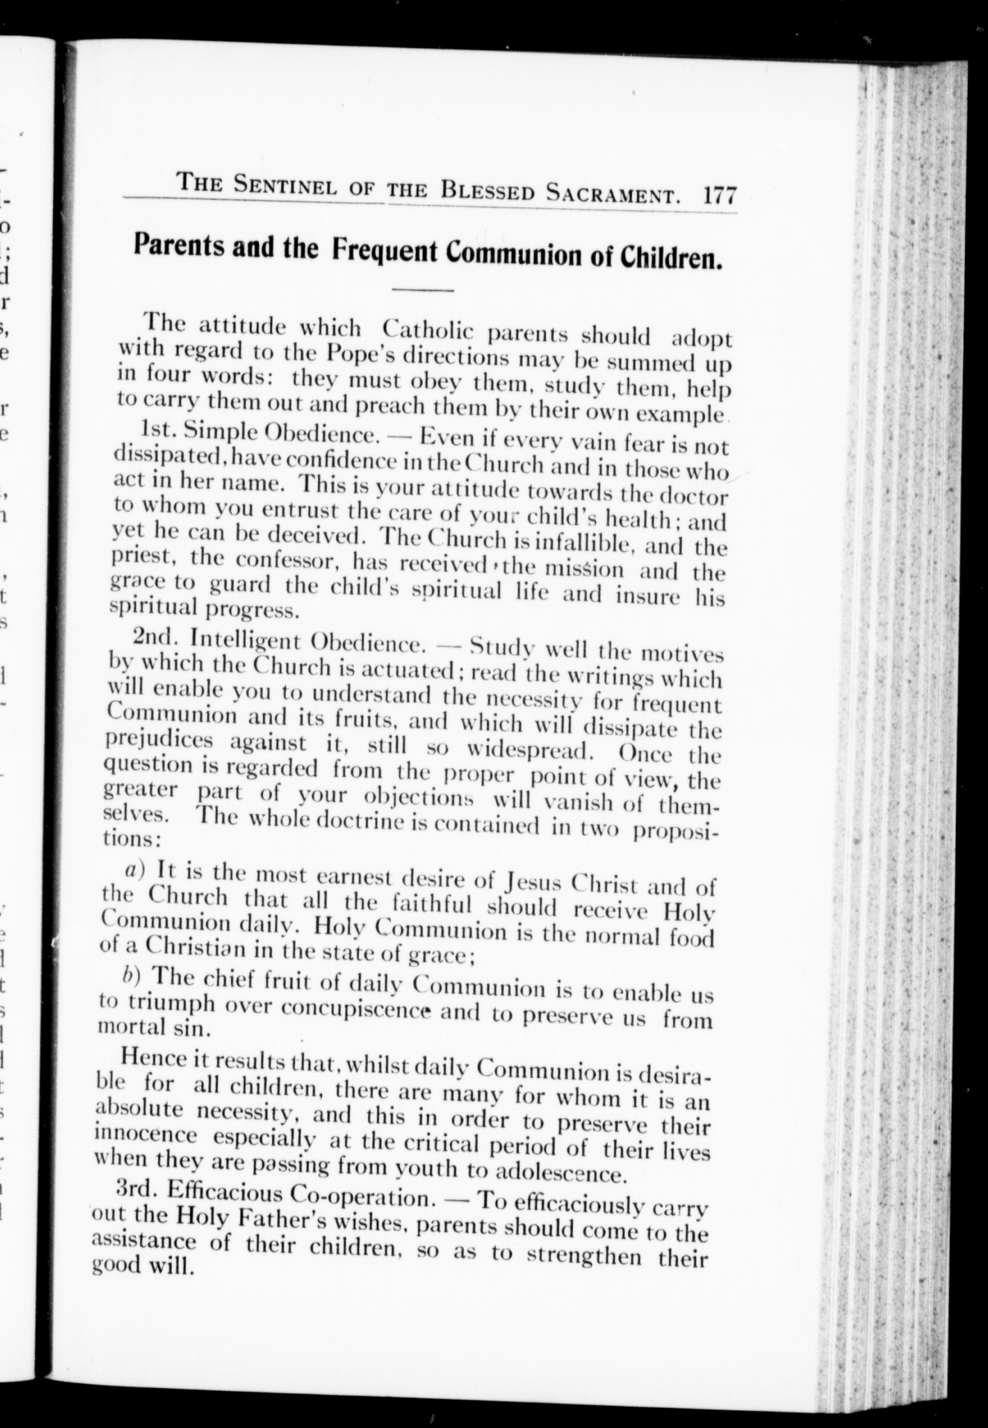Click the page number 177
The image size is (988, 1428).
coord(720,196)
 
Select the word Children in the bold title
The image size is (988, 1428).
coord(672,258)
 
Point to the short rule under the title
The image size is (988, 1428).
coord(424,290)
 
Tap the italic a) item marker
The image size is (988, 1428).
coord(135,870)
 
